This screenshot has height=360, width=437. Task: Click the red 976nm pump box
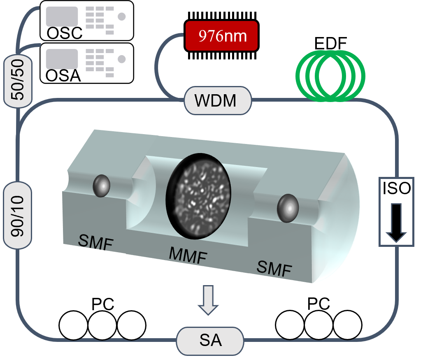(221, 36)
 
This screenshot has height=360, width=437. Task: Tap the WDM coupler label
(217, 100)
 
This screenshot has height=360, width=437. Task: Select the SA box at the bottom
(210, 341)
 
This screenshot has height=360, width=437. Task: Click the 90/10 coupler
(17, 216)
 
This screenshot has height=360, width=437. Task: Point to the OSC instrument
(87, 21)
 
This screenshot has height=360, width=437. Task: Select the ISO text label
(396, 188)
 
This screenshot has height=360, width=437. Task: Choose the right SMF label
(274, 268)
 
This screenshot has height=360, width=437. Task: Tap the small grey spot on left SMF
(102, 185)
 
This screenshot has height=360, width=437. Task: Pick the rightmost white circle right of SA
(347, 325)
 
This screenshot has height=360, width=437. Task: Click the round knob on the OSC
(121, 16)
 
